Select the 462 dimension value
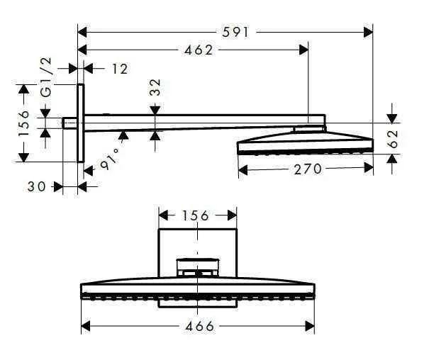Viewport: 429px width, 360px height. tap(199, 50)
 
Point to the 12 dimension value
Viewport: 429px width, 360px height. tap(119, 68)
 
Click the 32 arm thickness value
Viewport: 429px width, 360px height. tap(155, 87)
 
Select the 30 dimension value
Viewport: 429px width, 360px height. tap(38, 186)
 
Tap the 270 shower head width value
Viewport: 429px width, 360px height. tap(308, 169)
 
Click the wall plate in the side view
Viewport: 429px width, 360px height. tap(82, 123)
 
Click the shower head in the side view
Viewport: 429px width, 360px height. tap(305, 142)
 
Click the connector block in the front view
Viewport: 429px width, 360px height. tap(197, 268)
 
